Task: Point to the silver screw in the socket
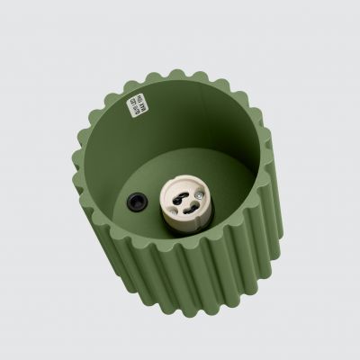[199, 195]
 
